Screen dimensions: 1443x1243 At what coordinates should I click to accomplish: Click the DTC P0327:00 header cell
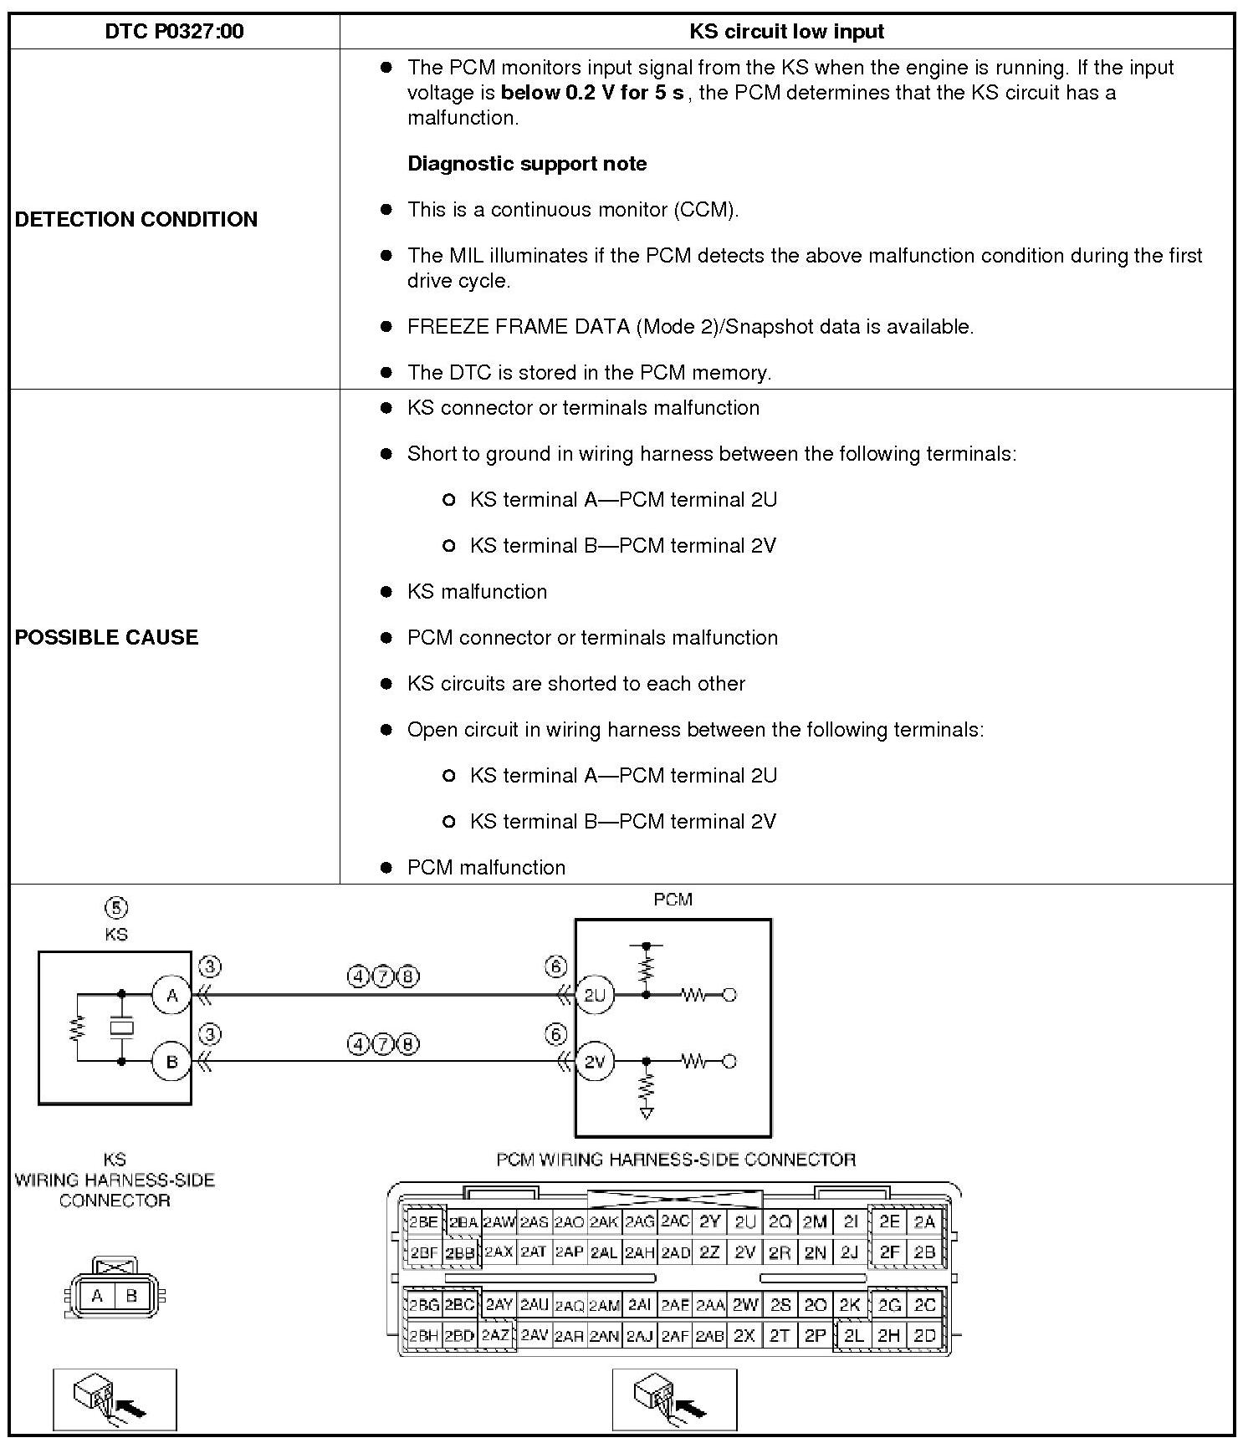tap(174, 32)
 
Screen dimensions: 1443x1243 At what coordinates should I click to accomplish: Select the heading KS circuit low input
tap(786, 32)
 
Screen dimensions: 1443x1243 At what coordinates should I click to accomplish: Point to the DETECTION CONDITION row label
tap(136, 219)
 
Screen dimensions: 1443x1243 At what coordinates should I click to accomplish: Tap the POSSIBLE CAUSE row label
tap(107, 637)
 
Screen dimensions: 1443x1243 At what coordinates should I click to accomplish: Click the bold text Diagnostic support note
tap(527, 164)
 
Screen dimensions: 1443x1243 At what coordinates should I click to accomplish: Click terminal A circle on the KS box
tap(171, 995)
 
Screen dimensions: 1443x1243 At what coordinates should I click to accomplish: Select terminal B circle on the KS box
tap(171, 1062)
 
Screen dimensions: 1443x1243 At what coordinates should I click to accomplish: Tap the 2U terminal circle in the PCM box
tap(594, 995)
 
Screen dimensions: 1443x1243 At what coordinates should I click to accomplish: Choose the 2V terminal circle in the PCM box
tap(594, 1062)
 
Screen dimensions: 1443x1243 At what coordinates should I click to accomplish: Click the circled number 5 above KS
tap(116, 908)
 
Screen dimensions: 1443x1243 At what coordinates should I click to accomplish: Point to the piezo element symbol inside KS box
tap(122, 1027)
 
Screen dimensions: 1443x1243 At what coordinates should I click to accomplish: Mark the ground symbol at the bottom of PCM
tap(646, 1113)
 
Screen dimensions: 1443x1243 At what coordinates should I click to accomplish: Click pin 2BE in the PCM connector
tap(423, 1222)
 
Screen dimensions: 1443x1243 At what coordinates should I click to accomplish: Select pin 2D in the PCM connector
tap(924, 1336)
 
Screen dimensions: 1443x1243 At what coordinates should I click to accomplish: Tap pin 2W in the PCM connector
tap(744, 1305)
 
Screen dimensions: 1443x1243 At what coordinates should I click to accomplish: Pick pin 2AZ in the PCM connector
tap(496, 1336)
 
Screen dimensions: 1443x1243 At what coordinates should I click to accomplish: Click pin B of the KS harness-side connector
tap(131, 1296)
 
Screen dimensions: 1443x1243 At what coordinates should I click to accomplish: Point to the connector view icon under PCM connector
tap(674, 1400)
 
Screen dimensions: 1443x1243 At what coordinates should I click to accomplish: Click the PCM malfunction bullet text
tap(486, 868)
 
